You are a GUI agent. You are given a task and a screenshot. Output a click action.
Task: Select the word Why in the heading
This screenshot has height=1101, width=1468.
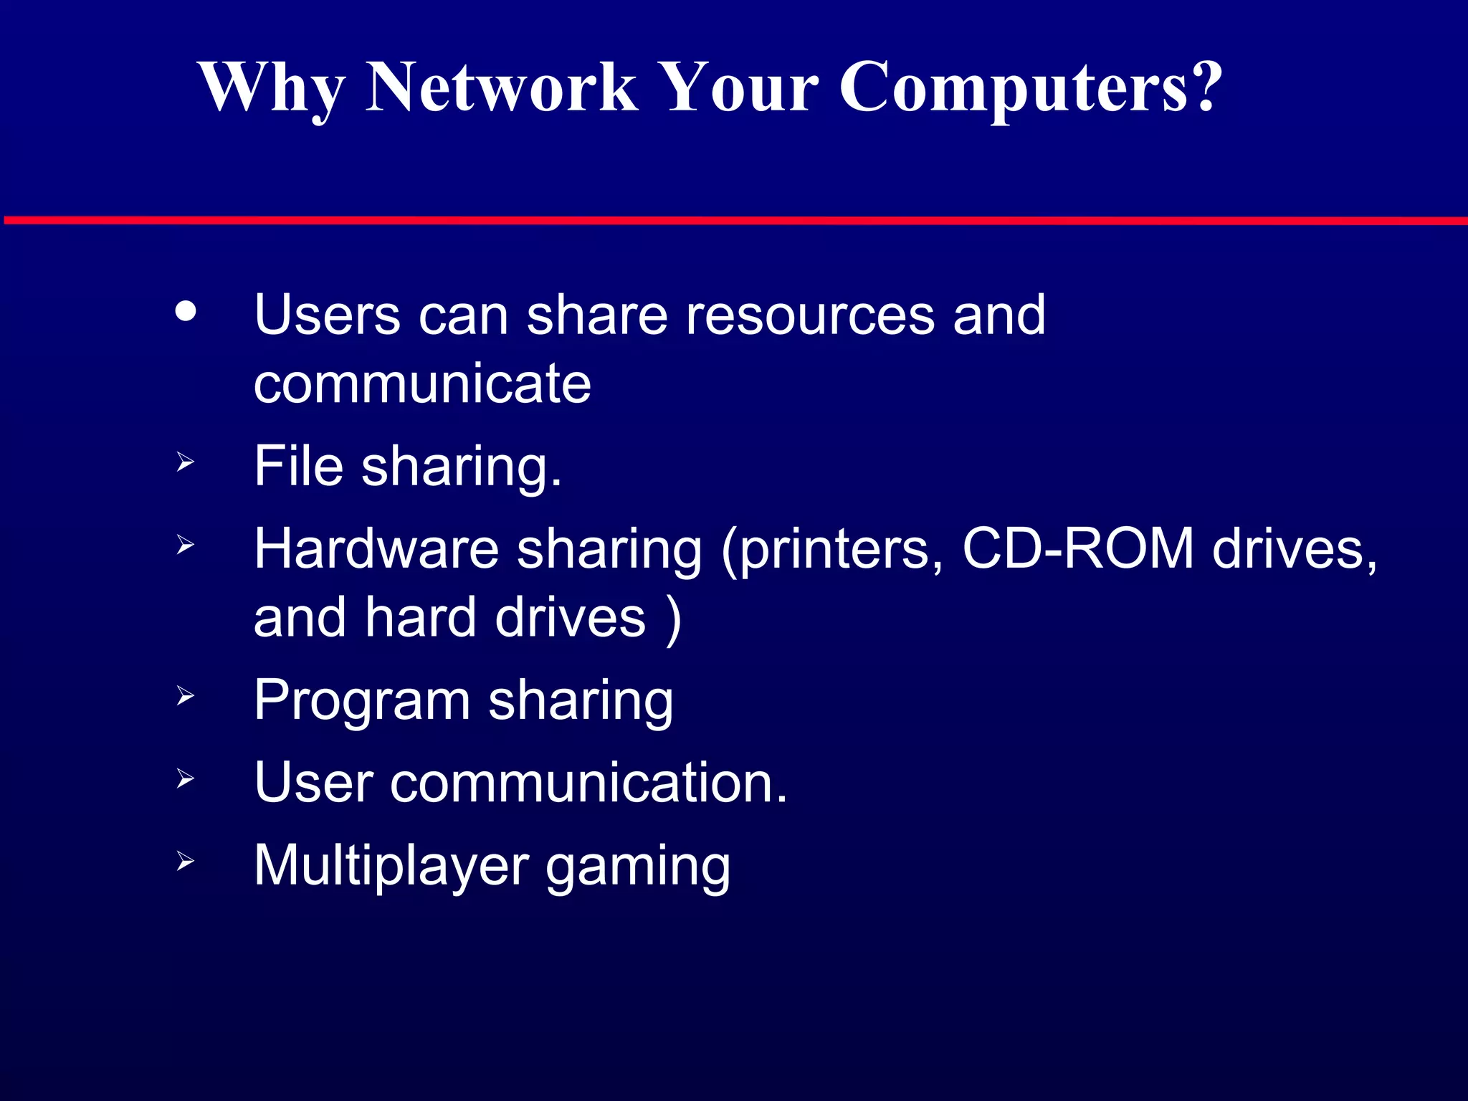(x=271, y=88)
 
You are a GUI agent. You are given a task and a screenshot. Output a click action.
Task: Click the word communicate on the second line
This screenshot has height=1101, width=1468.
(x=422, y=383)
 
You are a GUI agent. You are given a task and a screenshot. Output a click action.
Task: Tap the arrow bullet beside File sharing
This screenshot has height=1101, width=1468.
(x=185, y=462)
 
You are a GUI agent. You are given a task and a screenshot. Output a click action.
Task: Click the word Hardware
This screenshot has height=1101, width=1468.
(x=376, y=549)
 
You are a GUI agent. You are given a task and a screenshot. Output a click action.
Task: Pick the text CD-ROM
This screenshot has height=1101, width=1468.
(x=1077, y=549)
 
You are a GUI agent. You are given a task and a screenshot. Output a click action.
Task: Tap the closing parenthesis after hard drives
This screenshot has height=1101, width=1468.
(x=673, y=619)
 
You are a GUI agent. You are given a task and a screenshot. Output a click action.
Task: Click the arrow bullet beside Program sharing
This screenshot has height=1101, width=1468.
(x=185, y=695)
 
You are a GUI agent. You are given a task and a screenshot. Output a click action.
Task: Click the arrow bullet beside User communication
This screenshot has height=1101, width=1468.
(x=185, y=778)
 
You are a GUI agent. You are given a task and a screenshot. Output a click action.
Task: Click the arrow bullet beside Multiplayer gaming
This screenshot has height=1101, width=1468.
(x=185, y=861)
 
